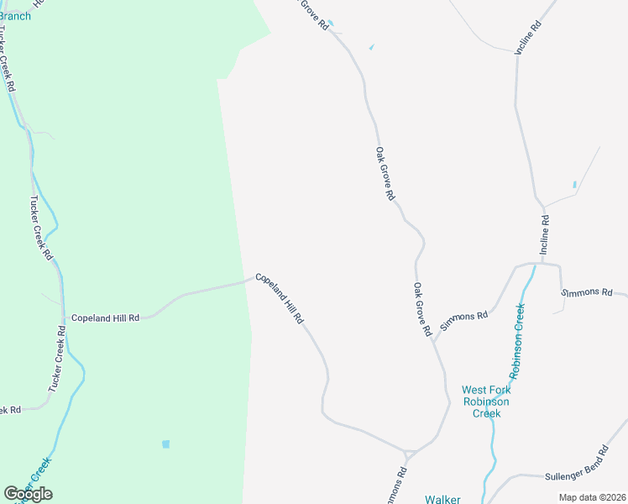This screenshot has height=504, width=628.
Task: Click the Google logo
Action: (x=29, y=494)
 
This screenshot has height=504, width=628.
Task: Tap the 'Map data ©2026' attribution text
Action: (x=592, y=497)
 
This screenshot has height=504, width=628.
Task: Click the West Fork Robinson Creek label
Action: (x=485, y=402)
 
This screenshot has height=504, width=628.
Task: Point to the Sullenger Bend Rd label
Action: (x=574, y=465)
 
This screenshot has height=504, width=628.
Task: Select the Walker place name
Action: (x=442, y=499)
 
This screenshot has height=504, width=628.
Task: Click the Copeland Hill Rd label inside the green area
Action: (x=105, y=318)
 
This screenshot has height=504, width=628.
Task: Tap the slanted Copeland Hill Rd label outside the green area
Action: (x=279, y=299)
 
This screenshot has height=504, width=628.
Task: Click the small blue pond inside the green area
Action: (x=165, y=444)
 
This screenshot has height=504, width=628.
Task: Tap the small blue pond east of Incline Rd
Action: (x=574, y=184)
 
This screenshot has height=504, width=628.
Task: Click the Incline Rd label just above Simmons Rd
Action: (x=545, y=235)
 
